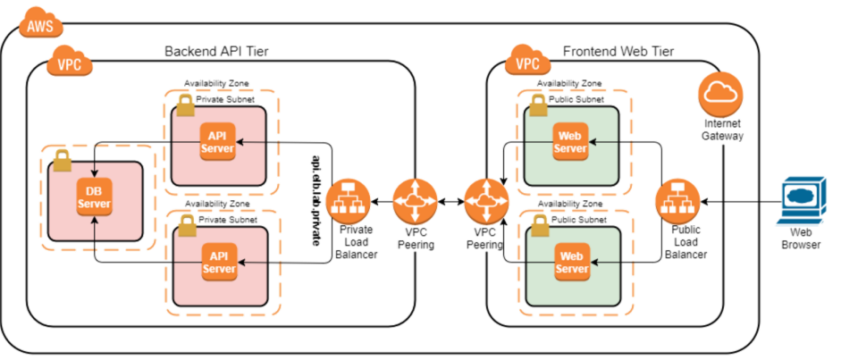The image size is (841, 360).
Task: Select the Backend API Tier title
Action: (217, 51)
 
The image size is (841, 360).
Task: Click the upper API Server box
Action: (218, 141)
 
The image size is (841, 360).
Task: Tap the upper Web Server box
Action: (570, 141)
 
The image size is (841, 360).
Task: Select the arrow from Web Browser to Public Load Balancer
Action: (733, 201)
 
